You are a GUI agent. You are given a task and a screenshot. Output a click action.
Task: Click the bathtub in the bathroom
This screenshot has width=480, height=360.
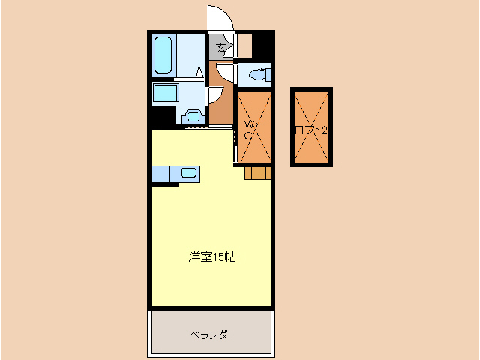pyautogui.click(x=164, y=55)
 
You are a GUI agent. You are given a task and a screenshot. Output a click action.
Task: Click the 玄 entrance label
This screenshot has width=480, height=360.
pyautogui.click(x=220, y=49)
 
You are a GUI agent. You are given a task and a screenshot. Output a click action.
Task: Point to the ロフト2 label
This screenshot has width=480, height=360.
pyautogui.click(x=311, y=129)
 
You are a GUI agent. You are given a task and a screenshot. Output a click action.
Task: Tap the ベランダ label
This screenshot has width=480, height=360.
pyautogui.click(x=208, y=334)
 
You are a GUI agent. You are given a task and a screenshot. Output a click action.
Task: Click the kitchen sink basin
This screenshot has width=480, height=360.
pyautogui.click(x=188, y=174)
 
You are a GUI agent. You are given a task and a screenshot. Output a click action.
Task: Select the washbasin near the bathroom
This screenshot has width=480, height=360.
pyautogui.click(x=193, y=116)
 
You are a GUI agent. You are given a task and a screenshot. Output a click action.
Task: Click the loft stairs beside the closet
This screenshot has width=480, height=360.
pyautogui.click(x=256, y=173)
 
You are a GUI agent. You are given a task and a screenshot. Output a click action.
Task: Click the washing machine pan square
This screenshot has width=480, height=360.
pyautogui.click(x=166, y=93)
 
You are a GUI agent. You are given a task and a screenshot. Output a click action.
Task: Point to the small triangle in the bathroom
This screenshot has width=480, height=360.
pyautogui.click(x=199, y=72)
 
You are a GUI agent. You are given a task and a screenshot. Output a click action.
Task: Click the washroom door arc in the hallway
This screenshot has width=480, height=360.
pyautogui.click(x=214, y=94)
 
